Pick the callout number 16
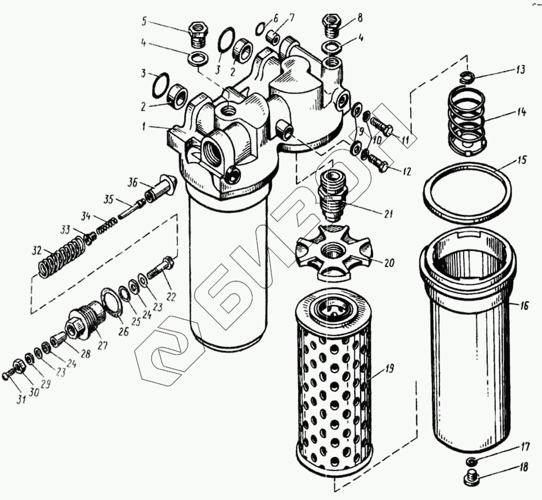coord(523,306)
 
